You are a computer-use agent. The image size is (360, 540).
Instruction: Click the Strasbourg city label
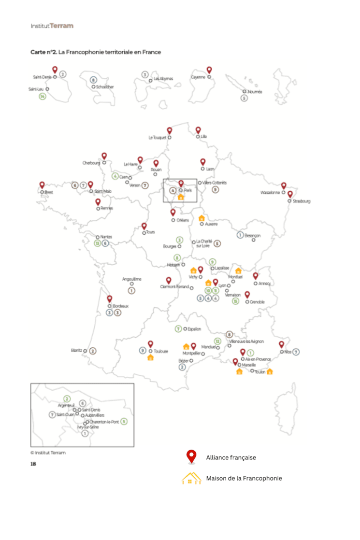[x=302, y=201]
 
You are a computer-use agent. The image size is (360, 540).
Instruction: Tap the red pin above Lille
[x=198, y=130]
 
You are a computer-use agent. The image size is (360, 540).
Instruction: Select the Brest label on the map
[x=48, y=192]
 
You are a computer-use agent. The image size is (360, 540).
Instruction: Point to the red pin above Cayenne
[x=209, y=70]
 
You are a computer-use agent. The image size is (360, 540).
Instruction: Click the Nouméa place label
[x=254, y=91]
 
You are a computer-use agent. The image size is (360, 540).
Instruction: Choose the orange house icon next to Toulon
[x=270, y=371]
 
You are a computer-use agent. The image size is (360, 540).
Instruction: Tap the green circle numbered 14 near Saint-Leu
[x=43, y=97]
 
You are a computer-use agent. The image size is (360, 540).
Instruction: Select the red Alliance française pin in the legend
[x=192, y=456]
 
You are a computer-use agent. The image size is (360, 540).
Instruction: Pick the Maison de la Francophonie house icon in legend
[x=191, y=478]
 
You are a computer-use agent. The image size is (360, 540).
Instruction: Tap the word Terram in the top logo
[x=61, y=26]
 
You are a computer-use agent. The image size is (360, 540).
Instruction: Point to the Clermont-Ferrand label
[x=174, y=287]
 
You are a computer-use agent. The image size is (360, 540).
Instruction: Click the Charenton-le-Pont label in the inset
[x=104, y=422]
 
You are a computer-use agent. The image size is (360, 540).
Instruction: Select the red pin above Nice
[x=281, y=344]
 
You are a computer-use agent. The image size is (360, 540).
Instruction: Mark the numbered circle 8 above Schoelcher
[x=93, y=80]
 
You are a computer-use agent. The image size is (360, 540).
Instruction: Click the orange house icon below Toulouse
[x=150, y=357]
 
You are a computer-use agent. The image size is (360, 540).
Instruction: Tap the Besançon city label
[x=252, y=235]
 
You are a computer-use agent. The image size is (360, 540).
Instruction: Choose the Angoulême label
[x=131, y=279]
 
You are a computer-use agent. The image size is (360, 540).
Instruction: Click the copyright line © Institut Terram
[x=48, y=453]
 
